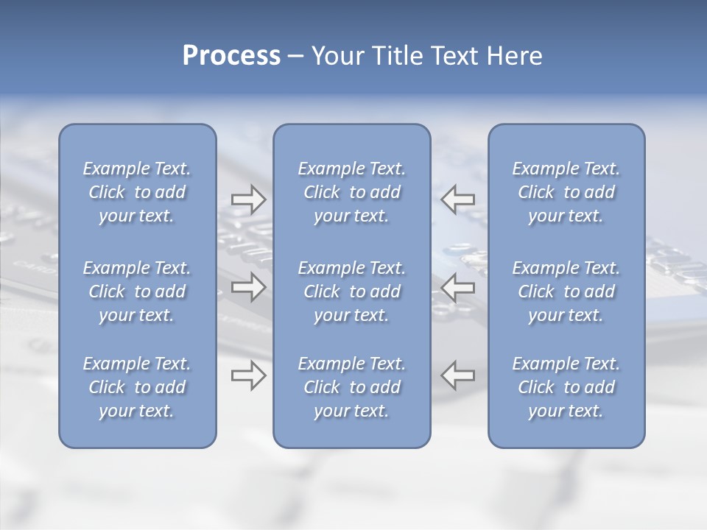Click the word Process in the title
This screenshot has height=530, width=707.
[231, 56]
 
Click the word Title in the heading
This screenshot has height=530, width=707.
[398, 56]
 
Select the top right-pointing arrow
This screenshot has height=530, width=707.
[248, 199]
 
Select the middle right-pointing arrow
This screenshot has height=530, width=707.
[248, 288]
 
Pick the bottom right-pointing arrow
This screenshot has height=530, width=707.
[248, 375]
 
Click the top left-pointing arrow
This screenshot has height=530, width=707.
[458, 199]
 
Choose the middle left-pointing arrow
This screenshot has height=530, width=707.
[458, 288]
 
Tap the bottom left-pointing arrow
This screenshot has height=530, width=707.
[458, 375]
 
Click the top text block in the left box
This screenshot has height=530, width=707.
[137, 192]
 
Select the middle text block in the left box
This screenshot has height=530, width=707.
[137, 291]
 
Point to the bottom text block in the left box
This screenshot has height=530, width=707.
[137, 387]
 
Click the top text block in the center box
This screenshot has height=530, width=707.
[351, 192]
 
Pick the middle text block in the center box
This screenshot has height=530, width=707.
[351, 291]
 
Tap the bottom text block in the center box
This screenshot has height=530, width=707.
[351, 387]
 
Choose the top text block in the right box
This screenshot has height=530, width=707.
[566, 192]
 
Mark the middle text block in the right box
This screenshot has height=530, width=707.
[566, 291]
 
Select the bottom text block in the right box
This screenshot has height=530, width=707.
[566, 387]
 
